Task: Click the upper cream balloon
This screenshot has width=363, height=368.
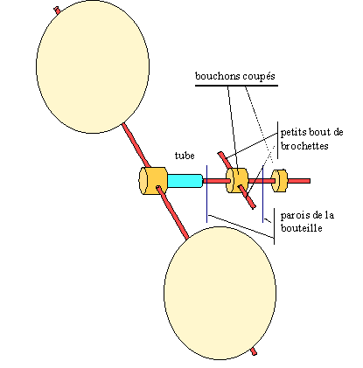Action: pos(93,66)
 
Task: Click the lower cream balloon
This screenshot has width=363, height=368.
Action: pos(220,293)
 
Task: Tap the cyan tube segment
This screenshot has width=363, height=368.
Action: pos(185,181)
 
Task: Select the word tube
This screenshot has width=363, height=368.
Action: pos(185,156)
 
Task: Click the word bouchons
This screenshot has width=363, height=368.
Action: pos(216,76)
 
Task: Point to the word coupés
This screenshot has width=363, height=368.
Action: pos(257,77)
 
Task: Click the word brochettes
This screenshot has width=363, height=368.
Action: pos(304,146)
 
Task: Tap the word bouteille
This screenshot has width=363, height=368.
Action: pos(302,228)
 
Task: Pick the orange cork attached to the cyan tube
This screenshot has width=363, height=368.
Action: pos(153,181)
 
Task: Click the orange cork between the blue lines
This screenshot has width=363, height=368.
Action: pos(237,180)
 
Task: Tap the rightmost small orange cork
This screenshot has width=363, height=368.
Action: pos(280,181)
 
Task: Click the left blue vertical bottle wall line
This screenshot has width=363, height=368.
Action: pos(207,194)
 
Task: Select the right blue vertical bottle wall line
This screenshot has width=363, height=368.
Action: pos(263,194)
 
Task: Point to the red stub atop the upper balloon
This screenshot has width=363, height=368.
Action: pos(57,10)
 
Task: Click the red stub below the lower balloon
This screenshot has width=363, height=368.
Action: pos(254,351)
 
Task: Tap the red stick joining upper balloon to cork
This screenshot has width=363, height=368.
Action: pos(136,145)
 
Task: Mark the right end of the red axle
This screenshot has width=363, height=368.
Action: pos(310,181)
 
